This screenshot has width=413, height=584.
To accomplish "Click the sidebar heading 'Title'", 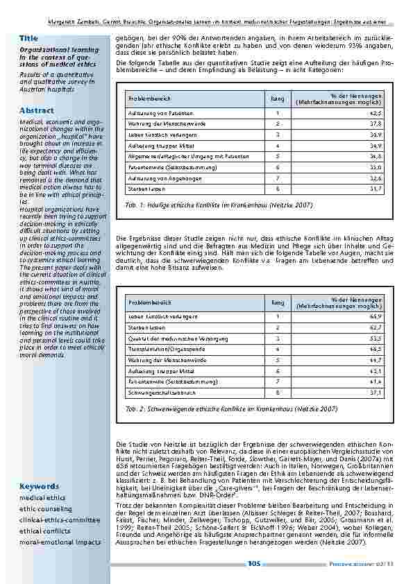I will pos(29,37).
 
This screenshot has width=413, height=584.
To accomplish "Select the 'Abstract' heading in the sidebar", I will pos(37,110).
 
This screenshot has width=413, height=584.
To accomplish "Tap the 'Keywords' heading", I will pos(40,486).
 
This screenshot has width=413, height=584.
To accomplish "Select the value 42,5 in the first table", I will pos(376,113).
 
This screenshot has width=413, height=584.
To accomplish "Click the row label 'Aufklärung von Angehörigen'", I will pos(157,178).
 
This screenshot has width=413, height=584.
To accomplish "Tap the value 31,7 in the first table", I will pos(376,189).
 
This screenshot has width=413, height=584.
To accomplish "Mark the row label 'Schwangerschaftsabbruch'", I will pos(156,393).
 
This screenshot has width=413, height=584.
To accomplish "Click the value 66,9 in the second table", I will pos(376,316).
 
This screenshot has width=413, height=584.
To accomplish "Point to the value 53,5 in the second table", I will pos(376,338).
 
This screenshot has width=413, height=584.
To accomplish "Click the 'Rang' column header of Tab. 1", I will pos(277,99).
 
